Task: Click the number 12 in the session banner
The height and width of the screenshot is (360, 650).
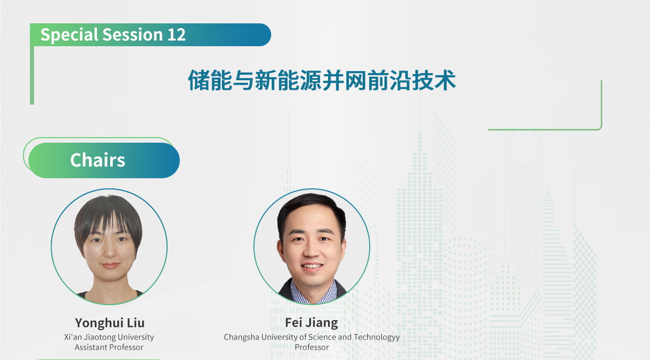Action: click(x=176, y=35)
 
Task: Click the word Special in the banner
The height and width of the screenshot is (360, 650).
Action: click(x=69, y=35)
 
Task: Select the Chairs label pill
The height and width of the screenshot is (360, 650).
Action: click(x=104, y=160)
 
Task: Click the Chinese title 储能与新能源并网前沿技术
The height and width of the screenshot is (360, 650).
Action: click(x=322, y=80)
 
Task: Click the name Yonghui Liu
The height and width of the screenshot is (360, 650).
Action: click(x=110, y=322)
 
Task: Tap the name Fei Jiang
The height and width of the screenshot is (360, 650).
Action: click(x=311, y=322)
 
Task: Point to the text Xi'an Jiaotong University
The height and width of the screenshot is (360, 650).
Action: click(x=109, y=337)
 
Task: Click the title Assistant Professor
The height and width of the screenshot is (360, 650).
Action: click(x=109, y=347)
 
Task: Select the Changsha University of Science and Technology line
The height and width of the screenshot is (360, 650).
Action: click(x=312, y=337)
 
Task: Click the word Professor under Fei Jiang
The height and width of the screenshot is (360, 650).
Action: click(x=312, y=347)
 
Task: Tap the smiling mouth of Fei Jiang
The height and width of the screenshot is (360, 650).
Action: click(x=312, y=266)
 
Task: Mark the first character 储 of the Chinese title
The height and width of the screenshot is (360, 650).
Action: click(x=199, y=80)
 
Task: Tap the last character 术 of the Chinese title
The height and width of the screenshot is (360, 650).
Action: click(x=445, y=80)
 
